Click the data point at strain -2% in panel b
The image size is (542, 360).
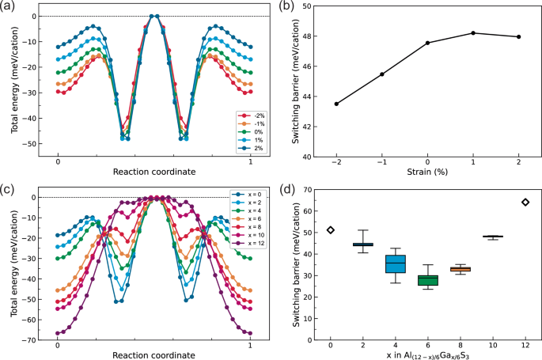[x=336, y=104]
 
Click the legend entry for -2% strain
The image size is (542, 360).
[x=252, y=116]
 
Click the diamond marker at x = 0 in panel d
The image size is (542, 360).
[x=331, y=230]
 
